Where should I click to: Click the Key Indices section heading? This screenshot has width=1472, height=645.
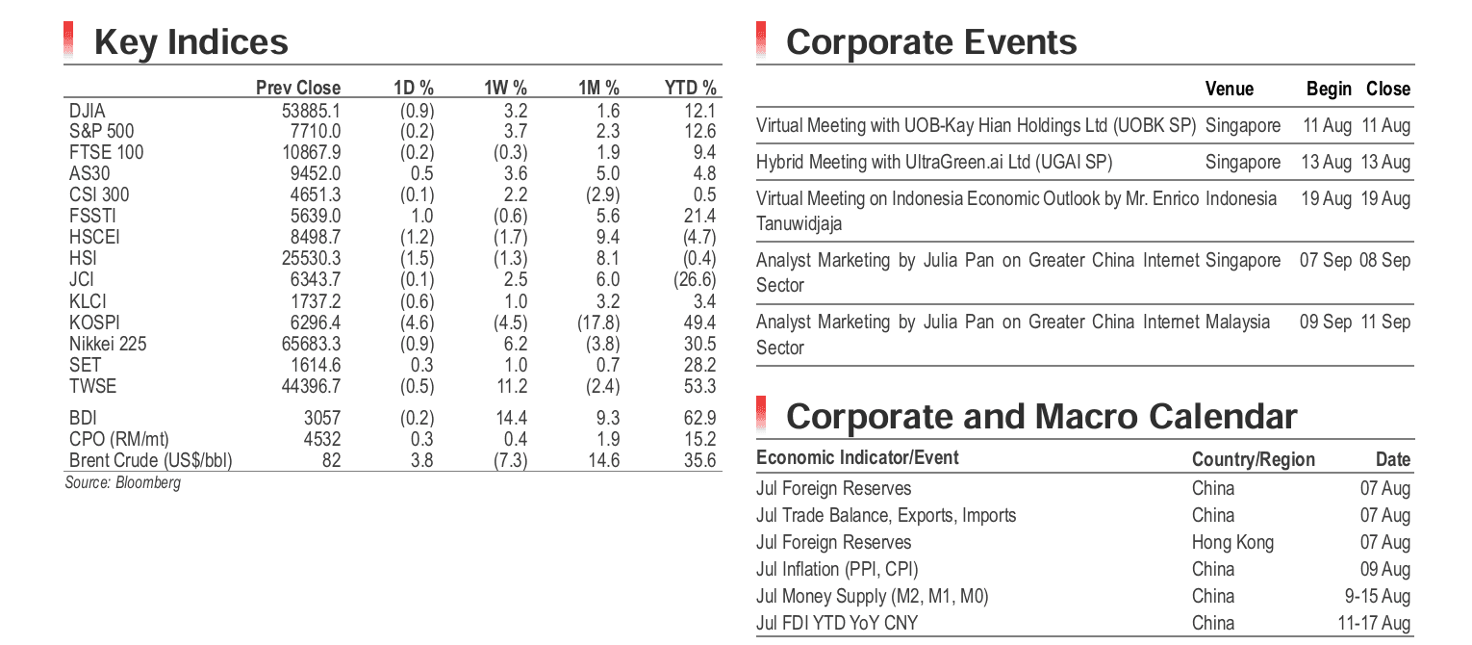tap(190, 42)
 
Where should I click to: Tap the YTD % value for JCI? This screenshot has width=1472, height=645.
tap(695, 279)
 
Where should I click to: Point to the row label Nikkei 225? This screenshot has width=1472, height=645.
tap(108, 344)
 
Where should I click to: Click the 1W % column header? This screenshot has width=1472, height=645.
tap(505, 88)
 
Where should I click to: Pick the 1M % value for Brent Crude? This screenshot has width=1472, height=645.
tap(604, 460)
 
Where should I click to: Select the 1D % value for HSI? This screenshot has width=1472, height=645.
tap(418, 258)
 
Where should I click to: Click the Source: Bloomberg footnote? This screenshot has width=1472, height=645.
tap(123, 482)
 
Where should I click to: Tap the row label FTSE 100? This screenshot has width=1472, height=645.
tap(107, 152)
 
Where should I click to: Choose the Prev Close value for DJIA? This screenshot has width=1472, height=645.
tap(312, 111)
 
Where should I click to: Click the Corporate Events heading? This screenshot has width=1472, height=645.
tap(931, 42)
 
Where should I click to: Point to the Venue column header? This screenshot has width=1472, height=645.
tap(1230, 89)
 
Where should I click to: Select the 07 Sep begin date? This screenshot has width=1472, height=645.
tap(1326, 260)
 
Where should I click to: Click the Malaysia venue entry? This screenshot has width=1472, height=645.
tap(1238, 322)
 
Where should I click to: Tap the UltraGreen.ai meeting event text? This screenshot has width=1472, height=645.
tap(934, 163)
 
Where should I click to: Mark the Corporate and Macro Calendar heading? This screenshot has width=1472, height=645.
tap(1042, 417)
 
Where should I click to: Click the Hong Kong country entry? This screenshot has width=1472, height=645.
tap(1232, 542)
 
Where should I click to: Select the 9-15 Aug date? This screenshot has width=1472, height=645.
tap(1378, 596)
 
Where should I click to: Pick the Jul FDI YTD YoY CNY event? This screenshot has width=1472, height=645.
tap(837, 623)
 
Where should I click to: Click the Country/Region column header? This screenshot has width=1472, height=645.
tap(1254, 459)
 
